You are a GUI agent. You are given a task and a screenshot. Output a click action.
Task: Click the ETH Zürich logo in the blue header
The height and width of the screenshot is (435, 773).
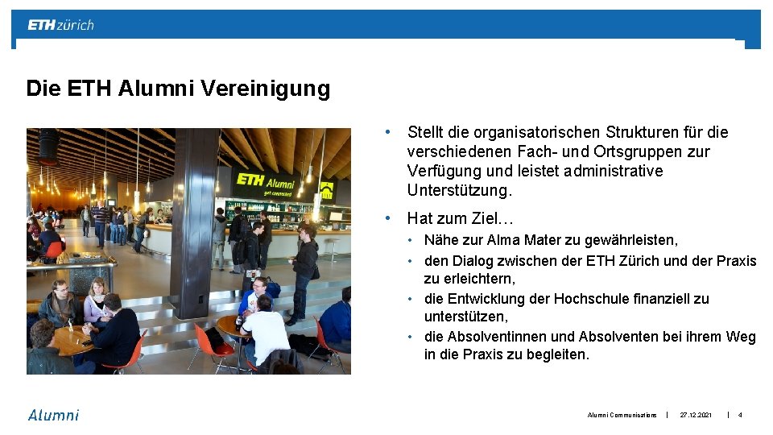(x=61, y=25)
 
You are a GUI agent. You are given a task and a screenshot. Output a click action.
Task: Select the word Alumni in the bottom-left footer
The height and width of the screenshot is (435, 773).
(x=54, y=415)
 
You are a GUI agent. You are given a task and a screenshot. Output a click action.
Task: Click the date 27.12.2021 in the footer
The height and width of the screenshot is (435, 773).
(x=696, y=415)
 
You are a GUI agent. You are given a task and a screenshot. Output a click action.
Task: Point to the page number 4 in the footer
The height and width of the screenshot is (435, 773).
(x=740, y=415)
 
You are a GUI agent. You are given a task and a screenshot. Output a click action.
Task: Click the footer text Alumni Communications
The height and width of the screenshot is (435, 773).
(x=622, y=415)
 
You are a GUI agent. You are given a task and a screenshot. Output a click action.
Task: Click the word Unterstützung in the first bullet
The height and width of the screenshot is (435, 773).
(x=459, y=191)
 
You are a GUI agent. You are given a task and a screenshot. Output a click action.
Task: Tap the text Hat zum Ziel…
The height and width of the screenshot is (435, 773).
(x=461, y=218)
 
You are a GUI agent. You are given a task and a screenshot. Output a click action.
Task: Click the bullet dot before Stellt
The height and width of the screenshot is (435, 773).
(x=388, y=131)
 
